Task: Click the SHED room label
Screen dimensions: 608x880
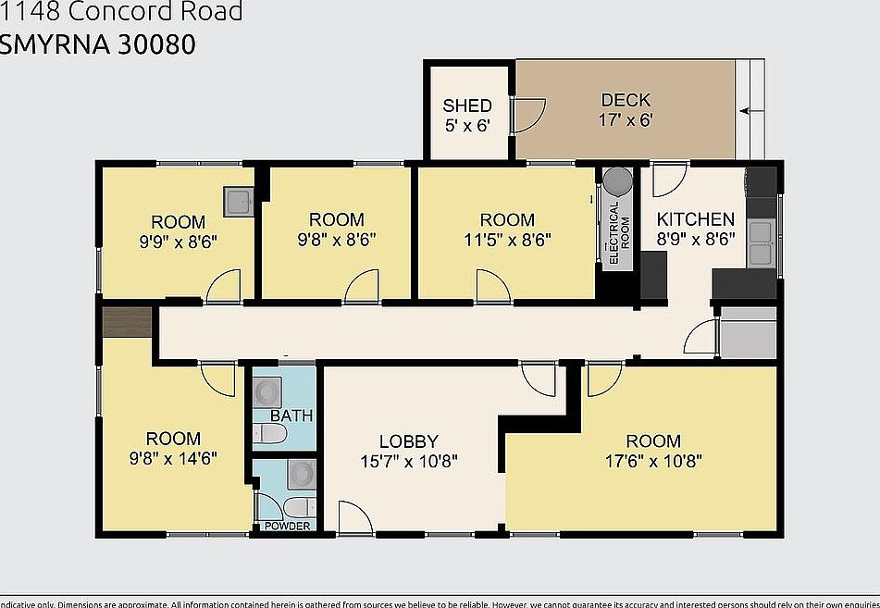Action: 466,105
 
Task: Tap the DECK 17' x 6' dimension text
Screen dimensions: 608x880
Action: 626,119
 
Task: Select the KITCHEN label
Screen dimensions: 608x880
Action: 696,219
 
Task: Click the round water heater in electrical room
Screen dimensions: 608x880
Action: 615,181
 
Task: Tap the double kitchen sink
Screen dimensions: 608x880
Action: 762,243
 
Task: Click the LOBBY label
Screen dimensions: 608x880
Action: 408,441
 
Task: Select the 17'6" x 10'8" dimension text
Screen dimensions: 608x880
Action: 652,461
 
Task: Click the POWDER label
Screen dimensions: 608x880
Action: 287,526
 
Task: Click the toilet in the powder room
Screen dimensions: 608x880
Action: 294,506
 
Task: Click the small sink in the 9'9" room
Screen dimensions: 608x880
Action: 238,199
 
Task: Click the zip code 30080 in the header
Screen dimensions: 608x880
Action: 155,44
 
